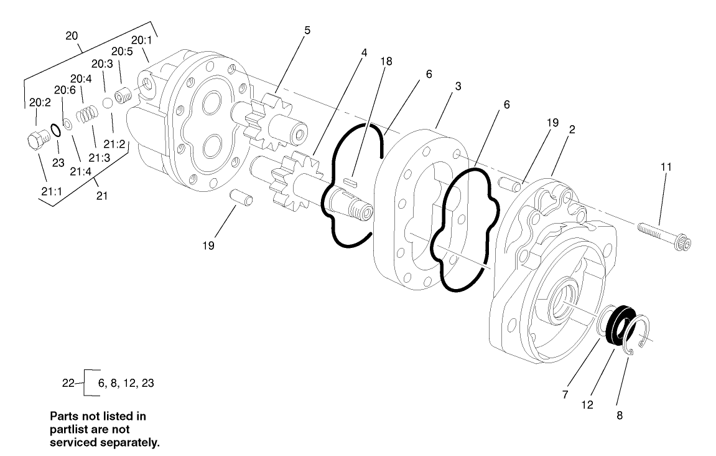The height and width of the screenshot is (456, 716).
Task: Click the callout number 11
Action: [666, 166]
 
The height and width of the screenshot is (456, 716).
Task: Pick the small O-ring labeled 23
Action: [54, 130]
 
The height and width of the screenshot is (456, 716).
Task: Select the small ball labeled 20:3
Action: [107, 102]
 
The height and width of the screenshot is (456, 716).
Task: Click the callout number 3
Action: [457, 86]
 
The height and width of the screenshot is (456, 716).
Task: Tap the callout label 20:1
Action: [141, 40]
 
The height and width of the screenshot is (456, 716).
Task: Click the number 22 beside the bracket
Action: [68, 383]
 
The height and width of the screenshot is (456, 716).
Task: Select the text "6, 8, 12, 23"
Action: [126, 383]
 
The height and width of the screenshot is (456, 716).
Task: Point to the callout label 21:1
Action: [51, 191]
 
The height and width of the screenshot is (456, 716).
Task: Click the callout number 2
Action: [570, 130]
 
